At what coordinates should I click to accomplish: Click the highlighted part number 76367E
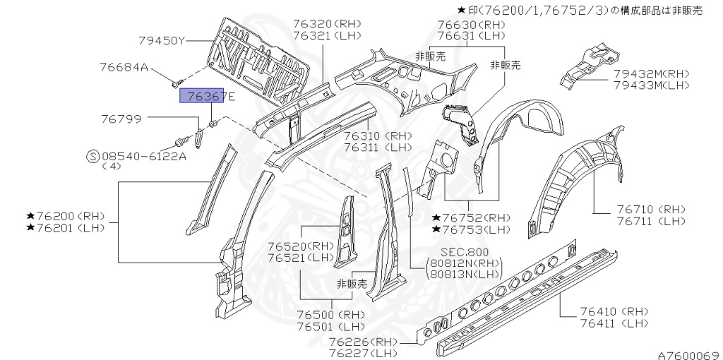(202, 95)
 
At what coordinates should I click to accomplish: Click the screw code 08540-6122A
(144, 156)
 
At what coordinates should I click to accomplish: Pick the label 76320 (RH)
(327, 23)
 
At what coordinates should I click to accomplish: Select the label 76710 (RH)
(650, 210)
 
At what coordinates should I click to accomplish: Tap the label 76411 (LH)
(614, 323)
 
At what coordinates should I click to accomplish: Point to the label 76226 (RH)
(363, 342)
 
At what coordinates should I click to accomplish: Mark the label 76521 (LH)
(300, 258)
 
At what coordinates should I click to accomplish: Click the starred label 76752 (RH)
(471, 217)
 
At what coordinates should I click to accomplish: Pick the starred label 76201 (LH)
(66, 227)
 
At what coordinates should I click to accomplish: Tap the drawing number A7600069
(688, 354)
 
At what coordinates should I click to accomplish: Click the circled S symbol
(92, 156)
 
